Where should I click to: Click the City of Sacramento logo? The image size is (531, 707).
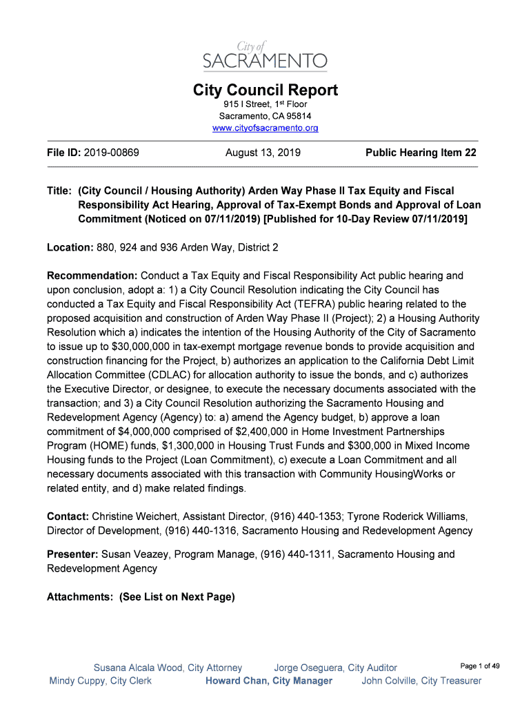tap(265, 55)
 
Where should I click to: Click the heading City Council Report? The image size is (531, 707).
tap(265, 90)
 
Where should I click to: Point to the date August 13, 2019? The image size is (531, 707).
tap(263, 153)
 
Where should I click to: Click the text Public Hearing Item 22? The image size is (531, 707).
tap(421, 153)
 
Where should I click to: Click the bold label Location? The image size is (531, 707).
tap(70, 246)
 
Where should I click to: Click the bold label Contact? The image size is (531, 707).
tap(68, 516)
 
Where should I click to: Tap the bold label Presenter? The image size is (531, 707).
tap(72, 554)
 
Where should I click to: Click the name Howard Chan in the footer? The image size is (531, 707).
tap(236, 681)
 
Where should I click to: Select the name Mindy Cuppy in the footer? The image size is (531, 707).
tap(77, 681)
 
